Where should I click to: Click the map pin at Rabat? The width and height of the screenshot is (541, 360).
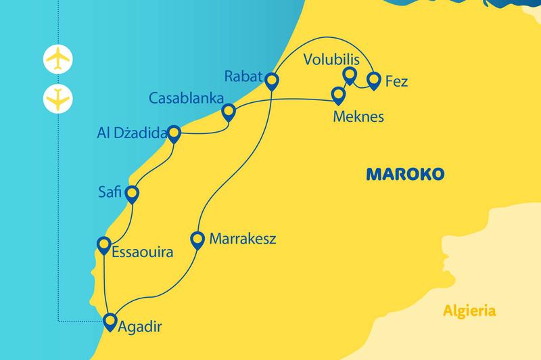(x=271, y=81)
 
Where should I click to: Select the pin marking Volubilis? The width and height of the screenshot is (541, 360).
(x=350, y=75)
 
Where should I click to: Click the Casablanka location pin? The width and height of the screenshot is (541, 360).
(x=229, y=111)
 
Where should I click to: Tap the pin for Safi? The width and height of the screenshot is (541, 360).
(x=132, y=194)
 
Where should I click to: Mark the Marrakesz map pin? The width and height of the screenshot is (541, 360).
(x=197, y=239)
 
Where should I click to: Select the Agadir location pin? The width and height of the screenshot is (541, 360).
(x=109, y=322)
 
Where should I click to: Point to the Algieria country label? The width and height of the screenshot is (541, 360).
(x=469, y=312)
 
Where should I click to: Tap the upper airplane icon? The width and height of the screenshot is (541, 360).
(x=57, y=59)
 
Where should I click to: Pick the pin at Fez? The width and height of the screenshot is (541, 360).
(x=373, y=81)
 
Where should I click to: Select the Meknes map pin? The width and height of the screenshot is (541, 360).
(x=337, y=94)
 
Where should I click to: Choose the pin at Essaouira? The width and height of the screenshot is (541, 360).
(x=104, y=244)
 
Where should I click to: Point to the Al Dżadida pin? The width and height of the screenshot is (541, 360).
(x=174, y=133)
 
